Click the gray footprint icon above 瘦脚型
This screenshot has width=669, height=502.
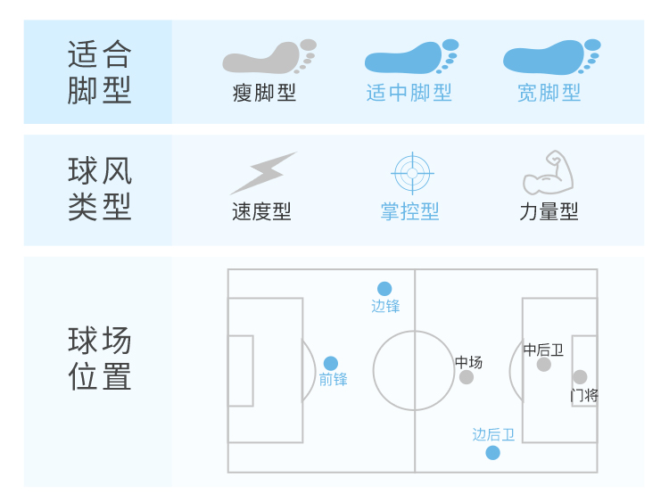point(268,58)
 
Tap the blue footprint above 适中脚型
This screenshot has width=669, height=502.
point(411,58)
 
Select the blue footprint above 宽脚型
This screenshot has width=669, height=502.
point(551,58)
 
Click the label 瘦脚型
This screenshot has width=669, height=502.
point(264,93)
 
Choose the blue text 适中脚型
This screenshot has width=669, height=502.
point(409,93)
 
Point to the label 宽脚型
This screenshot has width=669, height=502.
point(549,93)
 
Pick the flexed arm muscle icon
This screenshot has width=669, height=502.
point(548,173)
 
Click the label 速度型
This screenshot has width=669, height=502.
point(261,211)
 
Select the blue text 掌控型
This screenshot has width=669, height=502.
point(410,211)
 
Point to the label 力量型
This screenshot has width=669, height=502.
point(549,211)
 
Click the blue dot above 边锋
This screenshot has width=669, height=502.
point(384,289)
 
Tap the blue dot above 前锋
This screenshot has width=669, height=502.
point(331,363)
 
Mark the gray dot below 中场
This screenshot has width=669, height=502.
point(467,377)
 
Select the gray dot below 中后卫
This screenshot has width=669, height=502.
point(544,364)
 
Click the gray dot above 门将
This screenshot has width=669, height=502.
point(580,377)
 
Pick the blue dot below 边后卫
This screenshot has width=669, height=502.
point(493,453)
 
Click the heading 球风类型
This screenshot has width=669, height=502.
point(99,189)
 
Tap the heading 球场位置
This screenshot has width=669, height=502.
point(99,358)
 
